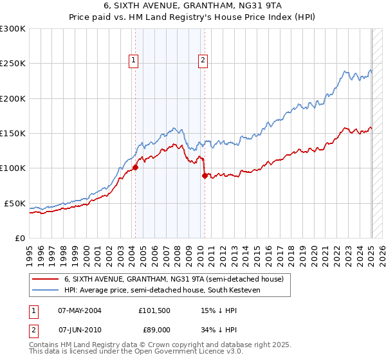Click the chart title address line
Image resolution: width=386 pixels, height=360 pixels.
[192, 5]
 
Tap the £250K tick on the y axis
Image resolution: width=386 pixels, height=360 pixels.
[14, 64]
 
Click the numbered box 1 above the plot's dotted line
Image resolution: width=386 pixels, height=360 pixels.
[133, 60]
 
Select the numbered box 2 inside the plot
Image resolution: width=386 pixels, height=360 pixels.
[203, 60]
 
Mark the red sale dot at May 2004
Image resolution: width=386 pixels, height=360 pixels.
[135, 167]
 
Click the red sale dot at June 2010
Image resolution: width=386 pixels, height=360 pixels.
[205, 175]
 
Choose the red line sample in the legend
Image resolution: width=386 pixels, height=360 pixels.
[45, 280]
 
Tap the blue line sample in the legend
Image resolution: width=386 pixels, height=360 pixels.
[45, 291]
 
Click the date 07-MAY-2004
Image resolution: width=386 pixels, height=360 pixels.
[80, 310]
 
